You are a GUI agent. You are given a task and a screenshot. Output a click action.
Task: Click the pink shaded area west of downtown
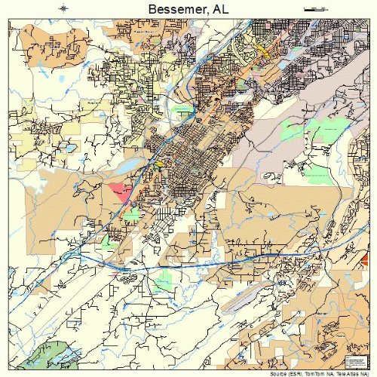tap(119, 190)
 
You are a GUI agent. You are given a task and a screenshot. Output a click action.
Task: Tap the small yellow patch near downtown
tap(159, 163)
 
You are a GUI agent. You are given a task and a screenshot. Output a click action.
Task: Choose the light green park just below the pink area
tap(131, 214)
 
